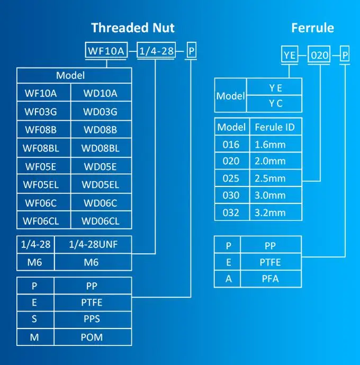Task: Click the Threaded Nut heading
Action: (133, 28)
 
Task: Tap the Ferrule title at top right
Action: (312, 28)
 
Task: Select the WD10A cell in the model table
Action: (101, 92)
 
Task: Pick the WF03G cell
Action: (44, 111)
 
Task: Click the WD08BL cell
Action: (101, 148)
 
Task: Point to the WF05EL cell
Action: (44, 184)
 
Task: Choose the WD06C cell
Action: (101, 202)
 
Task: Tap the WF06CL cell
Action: (44, 220)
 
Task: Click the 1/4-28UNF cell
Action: (93, 244)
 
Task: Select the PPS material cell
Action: (93, 319)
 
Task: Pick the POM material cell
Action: (93, 337)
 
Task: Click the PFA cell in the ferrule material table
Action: (271, 279)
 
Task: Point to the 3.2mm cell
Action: (276, 212)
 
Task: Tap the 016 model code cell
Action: (232, 144)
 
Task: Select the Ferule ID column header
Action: (276, 127)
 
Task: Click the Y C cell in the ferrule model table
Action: (274, 104)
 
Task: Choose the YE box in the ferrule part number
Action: (290, 55)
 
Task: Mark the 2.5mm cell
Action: (276, 178)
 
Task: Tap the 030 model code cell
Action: (232, 195)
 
